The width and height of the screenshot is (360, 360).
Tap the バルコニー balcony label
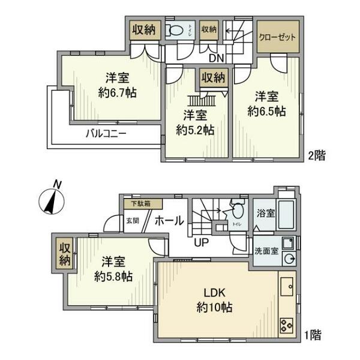(x=105, y=133)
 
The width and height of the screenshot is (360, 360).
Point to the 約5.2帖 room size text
(x=196, y=130)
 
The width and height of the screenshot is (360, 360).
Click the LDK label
(x=214, y=294)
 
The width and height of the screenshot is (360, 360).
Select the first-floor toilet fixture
(x=237, y=211)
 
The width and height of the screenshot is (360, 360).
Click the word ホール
(x=169, y=221)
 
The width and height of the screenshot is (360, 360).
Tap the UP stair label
(x=201, y=242)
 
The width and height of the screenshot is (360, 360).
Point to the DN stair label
(x=216, y=59)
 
